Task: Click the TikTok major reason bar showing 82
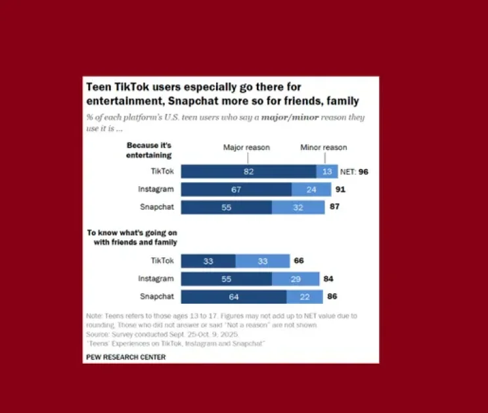[248, 172]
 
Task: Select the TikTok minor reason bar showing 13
[326, 172]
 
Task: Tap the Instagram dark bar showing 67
[236, 190]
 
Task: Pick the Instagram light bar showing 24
[312, 190]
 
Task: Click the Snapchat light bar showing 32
[298, 207]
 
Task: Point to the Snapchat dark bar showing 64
[226, 297]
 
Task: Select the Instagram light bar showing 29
[296, 279]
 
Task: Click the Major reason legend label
[246, 148]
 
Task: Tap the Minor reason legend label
[324, 148]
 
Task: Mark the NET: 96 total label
[355, 172]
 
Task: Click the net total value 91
[340, 190]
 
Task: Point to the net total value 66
[298, 261]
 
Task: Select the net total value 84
[328, 279]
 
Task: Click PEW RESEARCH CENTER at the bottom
[125, 357]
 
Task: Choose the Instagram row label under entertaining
[155, 190]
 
